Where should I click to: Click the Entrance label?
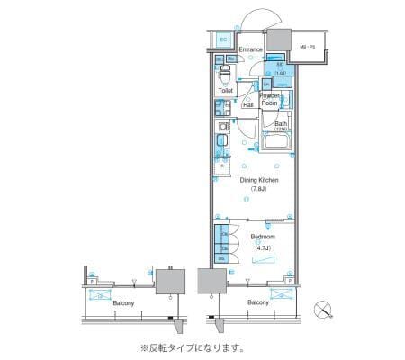(251, 49)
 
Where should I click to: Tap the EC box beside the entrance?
(223, 40)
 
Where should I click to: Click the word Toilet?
(225, 91)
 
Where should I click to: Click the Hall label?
(247, 104)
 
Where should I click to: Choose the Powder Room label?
(270, 99)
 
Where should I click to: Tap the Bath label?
(281, 124)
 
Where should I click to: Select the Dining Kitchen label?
(258, 181)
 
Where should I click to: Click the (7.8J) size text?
(258, 191)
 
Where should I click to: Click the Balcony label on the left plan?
(124, 303)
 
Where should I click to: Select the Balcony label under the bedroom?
(258, 303)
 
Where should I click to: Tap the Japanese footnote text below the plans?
(191, 347)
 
